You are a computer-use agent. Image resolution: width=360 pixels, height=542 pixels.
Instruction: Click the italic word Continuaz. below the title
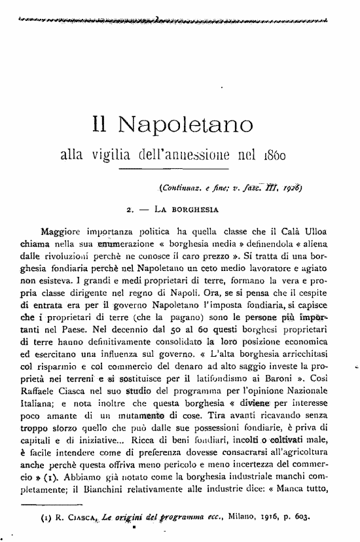coord(181,190)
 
